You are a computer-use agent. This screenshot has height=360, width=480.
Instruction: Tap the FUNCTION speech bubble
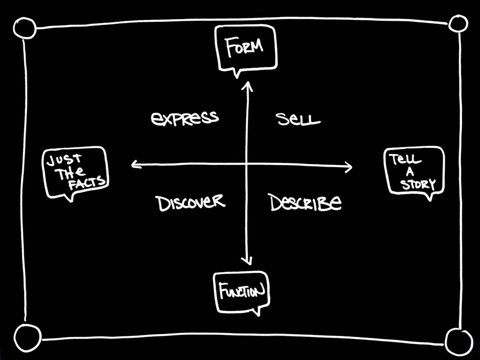[242, 291]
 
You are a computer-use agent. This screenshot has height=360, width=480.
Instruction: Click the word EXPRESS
[185, 118]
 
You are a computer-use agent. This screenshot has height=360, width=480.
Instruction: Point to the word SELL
[298, 119]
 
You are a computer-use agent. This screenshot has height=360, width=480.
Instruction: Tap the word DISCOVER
[190, 203]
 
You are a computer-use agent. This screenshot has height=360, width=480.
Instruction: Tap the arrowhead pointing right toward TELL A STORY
[349, 167]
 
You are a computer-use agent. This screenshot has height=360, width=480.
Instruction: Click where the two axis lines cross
[247, 165]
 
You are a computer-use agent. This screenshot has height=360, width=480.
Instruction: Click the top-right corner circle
[458, 24]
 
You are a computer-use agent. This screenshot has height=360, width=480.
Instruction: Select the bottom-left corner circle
[27, 338]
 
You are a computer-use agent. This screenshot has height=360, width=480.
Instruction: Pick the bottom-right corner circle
[459, 342]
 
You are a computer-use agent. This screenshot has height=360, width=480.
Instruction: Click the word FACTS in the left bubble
[87, 183]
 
